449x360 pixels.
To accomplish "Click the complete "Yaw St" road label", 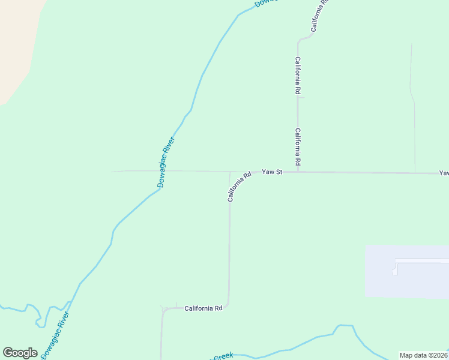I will [272, 172].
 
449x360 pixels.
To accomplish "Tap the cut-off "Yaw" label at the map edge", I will [444, 173].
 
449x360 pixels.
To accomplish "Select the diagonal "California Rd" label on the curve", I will [239, 187].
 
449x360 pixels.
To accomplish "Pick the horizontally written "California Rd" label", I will [203, 308].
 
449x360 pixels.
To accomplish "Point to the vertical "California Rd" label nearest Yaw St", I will [298, 147].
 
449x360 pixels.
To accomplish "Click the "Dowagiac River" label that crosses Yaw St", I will [166, 163].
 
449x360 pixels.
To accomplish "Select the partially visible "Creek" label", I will [223, 356].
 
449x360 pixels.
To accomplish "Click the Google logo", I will [20, 353].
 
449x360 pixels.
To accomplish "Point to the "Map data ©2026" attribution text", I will [424, 355].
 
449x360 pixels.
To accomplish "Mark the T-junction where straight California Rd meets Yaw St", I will [298, 172].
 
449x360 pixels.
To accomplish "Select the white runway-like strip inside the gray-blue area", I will [420, 261].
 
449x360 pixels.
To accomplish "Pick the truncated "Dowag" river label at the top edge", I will [264, 4].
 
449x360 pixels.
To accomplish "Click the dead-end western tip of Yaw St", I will [112, 171].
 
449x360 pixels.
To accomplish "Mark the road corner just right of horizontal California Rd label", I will [228, 307].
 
